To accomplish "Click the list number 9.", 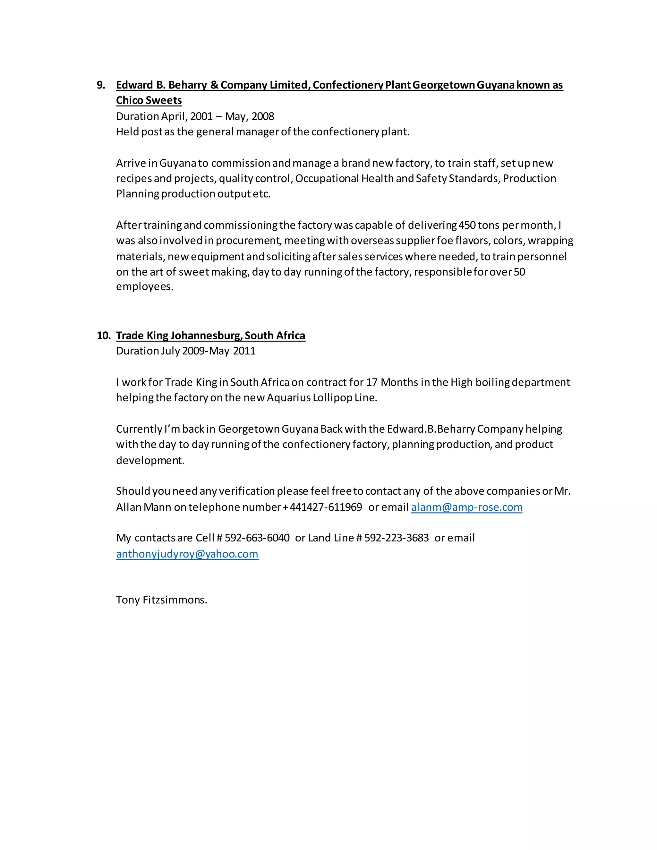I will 101,85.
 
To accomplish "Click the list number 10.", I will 104,336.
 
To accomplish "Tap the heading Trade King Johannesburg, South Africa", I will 210,336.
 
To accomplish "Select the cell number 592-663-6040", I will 257,538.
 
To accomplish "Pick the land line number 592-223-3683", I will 396,538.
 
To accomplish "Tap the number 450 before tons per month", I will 467,225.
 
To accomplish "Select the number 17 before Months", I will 372,382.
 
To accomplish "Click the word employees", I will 144,287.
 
